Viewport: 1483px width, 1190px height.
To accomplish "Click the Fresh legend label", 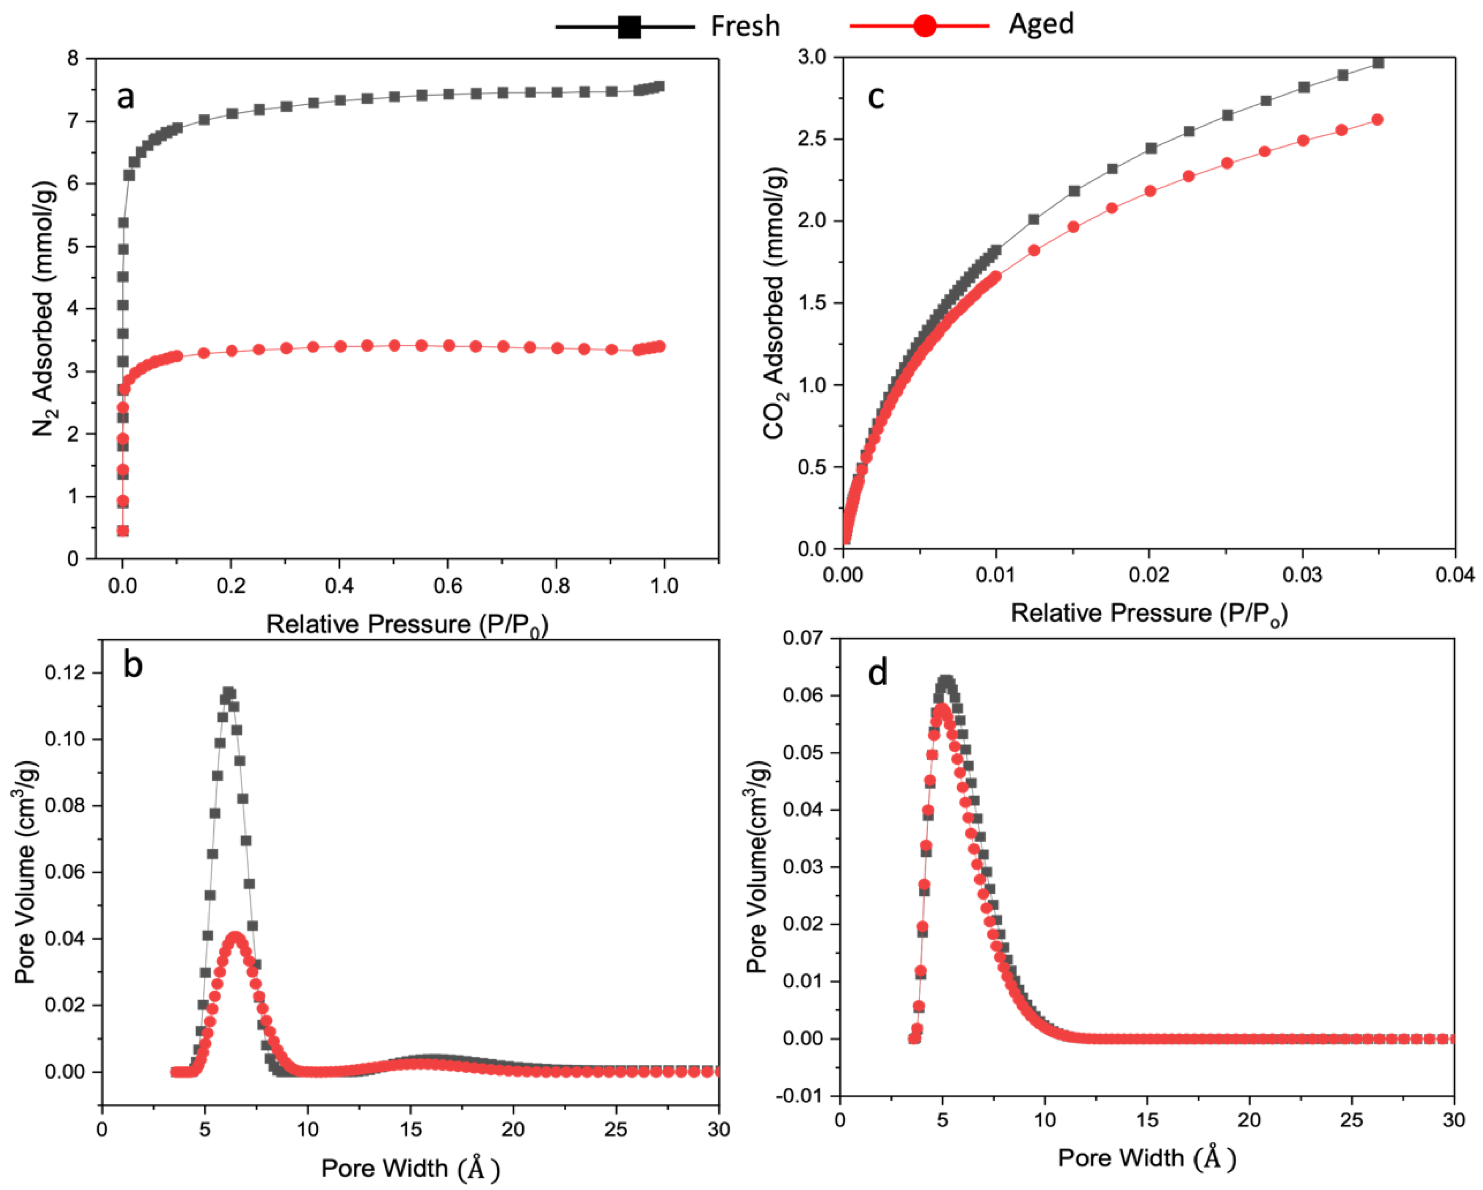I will click(745, 26).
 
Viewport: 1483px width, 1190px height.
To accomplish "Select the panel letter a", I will click(125, 97).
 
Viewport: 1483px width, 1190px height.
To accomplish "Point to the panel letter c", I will click(876, 97).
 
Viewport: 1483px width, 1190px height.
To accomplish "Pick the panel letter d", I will click(878, 672).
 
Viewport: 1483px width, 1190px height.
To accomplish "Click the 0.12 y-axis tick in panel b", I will click(65, 673).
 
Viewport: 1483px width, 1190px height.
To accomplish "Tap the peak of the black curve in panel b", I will click(229, 693).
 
